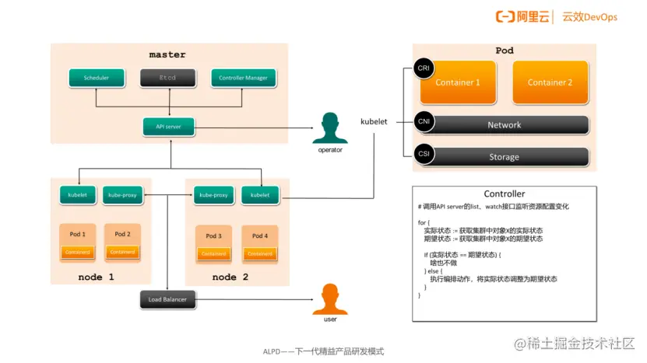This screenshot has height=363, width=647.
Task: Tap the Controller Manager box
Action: point(243,78)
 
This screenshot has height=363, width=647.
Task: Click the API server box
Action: point(168,126)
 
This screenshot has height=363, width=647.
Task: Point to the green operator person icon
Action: point(330,129)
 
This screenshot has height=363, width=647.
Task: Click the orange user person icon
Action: point(330,299)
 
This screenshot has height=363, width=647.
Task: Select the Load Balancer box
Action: point(169,299)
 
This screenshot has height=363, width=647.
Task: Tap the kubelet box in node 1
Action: point(77,195)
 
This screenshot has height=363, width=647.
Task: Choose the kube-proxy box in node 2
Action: point(213,195)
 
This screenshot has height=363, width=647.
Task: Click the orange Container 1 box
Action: point(458,82)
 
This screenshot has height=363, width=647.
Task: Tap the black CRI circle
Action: point(424,68)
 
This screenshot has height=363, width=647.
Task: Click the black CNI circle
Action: point(424,122)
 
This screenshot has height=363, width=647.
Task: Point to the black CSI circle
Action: point(424,154)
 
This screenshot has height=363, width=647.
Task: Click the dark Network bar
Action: point(504,124)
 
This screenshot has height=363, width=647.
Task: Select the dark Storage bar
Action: point(504,156)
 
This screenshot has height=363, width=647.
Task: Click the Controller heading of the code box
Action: point(504,194)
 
